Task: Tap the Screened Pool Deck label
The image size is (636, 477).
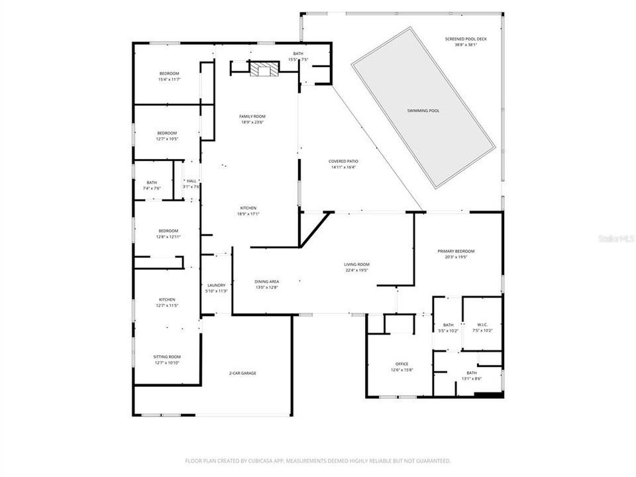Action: tap(470, 39)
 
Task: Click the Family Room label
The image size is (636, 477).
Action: tap(252, 116)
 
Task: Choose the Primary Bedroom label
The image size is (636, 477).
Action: tap(456, 251)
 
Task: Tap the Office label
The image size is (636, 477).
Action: tap(401, 364)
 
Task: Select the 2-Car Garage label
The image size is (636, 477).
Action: tap(243, 373)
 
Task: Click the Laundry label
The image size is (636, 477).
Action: tap(217, 285)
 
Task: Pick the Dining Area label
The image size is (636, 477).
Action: tap(266, 282)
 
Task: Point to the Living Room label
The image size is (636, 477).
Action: tap(357, 264)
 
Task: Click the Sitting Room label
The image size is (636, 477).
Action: tap(167, 356)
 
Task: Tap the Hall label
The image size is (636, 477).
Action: tap(191, 181)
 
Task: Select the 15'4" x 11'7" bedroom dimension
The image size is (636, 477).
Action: tap(170, 79)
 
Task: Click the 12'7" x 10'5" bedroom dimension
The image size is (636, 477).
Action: tap(167, 139)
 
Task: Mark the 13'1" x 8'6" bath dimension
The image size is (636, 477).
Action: tap(471, 379)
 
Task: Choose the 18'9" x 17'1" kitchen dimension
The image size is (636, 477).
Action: tap(247, 214)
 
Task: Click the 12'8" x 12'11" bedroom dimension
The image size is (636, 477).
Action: tap(168, 237)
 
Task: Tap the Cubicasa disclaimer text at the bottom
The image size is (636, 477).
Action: tap(318, 460)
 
